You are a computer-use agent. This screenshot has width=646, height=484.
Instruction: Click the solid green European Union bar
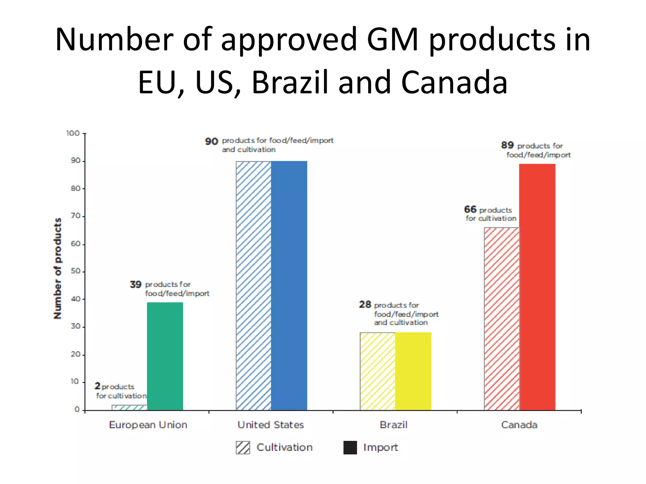click(x=165, y=356)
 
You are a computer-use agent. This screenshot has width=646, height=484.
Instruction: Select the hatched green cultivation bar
click(x=130, y=407)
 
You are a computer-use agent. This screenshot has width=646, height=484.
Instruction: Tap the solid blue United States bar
click(x=289, y=285)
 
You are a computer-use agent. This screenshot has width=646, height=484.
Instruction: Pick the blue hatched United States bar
click(x=253, y=285)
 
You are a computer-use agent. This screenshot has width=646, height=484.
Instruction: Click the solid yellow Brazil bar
click(x=413, y=371)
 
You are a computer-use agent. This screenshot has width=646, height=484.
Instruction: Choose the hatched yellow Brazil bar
click(x=378, y=371)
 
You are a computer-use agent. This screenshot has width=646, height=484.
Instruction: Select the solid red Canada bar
click(x=537, y=287)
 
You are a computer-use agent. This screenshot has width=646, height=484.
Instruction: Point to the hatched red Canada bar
click(x=502, y=318)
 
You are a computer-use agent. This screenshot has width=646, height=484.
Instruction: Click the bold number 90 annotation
click(x=211, y=141)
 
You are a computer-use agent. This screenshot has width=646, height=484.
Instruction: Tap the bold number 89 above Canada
click(x=507, y=145)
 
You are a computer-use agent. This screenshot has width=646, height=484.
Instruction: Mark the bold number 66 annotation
click(x=470, y=209)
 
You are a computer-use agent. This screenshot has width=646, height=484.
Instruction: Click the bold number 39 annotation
click(x=136, y=285)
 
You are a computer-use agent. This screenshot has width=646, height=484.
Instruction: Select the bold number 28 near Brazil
click(x=365, y=304)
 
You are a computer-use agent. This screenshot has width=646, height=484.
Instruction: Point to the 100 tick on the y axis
click(x=73, y=133)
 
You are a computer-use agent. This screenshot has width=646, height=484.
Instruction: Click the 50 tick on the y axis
click(x=75, y=271)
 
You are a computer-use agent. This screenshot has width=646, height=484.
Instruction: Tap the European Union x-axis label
click(x=148, y=425)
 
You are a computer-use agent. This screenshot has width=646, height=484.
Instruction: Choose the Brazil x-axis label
click(x=394, y=425)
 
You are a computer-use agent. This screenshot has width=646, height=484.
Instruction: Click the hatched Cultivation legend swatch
click(x=243, y=447)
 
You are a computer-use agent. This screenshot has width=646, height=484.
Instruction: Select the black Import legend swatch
click(x=350, y=447)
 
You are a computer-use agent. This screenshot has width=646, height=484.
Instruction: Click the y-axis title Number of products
click(x=58, y=268)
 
